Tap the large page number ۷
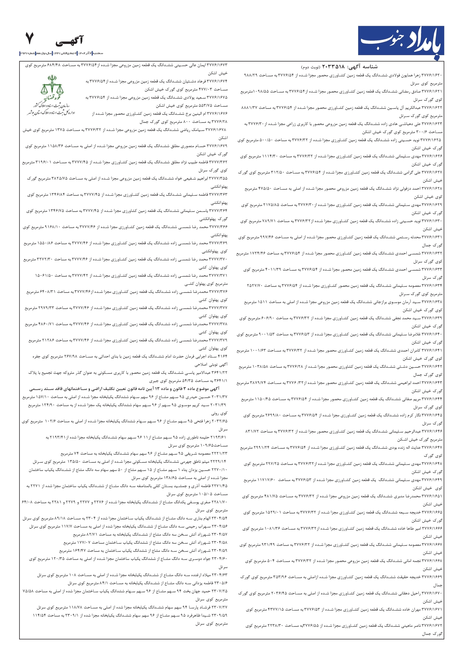coord(30,39)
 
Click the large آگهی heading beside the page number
coord(69,41)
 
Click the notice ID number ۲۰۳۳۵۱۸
coord(334,67)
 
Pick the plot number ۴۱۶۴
coord(222,356)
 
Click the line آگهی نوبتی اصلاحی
coord(211,364)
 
